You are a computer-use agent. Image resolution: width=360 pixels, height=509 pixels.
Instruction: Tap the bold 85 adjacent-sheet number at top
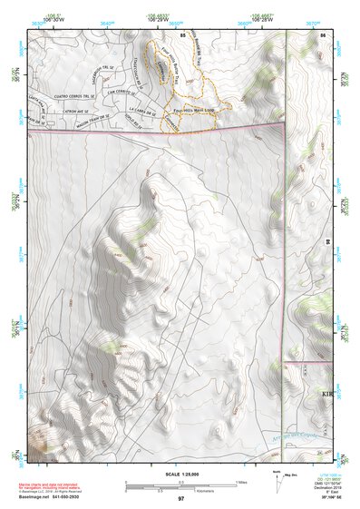182,34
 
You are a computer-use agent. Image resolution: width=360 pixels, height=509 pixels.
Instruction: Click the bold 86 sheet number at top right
323,34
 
